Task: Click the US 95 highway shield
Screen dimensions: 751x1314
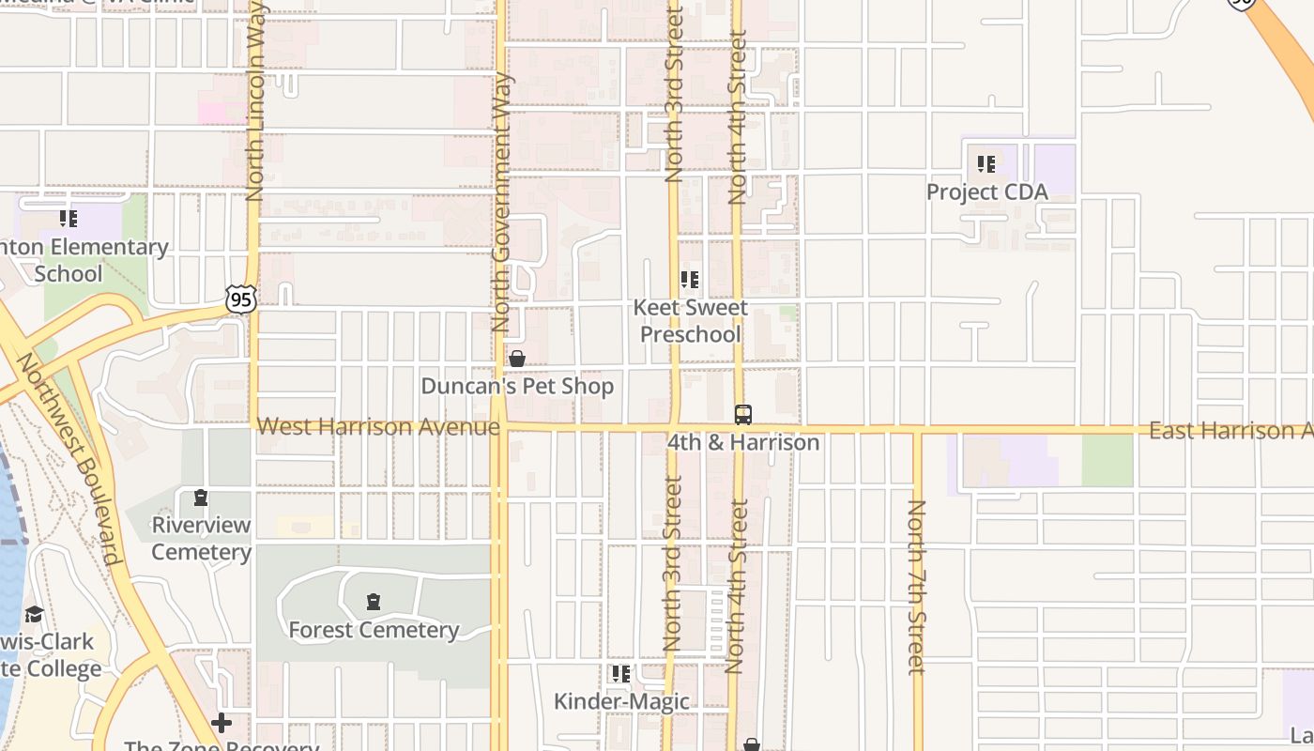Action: point(240,299)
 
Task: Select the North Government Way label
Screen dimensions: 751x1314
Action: point(500,202)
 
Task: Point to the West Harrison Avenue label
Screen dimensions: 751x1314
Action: point(378,427)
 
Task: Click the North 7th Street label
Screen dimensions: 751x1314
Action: point(916,587)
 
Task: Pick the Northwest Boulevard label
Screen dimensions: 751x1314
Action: point(69,459)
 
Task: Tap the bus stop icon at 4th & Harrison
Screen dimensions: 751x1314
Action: point(742,414)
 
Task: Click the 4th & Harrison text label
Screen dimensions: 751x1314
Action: point(743,442)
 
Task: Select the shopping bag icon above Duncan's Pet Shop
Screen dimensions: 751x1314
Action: point(516,359)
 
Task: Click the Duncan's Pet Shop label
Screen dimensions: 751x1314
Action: point(517,386)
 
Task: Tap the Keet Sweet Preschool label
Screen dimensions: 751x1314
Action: point(691,321)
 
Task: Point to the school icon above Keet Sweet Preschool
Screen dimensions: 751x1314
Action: point(690,280)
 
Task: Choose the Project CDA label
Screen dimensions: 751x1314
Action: point(986,192)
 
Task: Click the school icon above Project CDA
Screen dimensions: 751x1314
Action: point(985,164)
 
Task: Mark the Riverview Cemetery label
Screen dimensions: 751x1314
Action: point(201,538)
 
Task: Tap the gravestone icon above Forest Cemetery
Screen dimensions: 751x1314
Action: point(374,601)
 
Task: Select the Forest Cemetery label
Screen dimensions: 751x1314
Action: point(374,630)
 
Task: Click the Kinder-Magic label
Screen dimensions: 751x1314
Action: point(621,701)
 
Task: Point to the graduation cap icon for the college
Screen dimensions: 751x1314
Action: point(35,614)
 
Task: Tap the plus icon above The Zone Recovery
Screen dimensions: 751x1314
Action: point(222,723)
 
